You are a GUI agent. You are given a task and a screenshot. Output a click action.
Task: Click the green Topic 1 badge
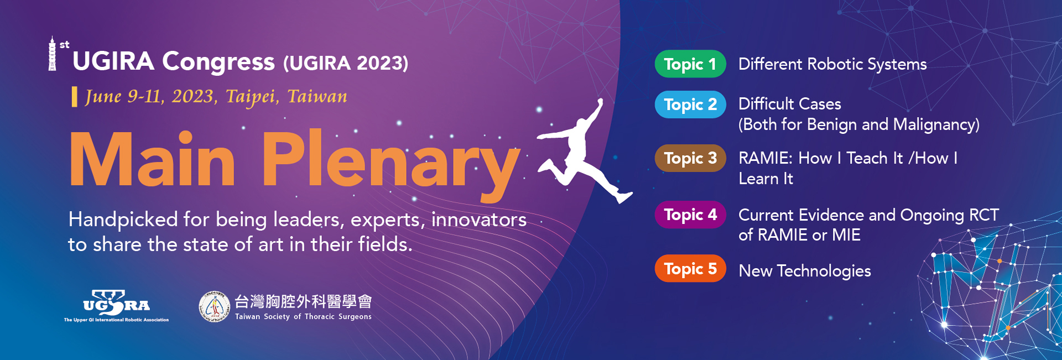click(690, 64)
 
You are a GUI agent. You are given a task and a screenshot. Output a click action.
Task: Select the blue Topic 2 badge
click(690, 105)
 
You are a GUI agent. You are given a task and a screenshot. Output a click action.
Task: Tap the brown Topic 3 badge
click(690, 158)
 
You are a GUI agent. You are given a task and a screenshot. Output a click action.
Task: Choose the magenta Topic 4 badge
click(690, 215)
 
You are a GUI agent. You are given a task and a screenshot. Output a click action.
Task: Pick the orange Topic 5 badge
click(690, 269)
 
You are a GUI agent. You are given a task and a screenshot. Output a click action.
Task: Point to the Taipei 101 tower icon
click(53, 54)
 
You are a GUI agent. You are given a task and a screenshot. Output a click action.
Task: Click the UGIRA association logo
click(116, 306)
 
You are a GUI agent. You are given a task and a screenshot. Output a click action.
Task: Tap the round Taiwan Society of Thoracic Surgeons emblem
click(214, 306)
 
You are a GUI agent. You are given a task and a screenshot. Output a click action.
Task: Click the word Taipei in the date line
click(251, 97)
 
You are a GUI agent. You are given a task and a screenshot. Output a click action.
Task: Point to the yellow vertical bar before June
click(74, 97)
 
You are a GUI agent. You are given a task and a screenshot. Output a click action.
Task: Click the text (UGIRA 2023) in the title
click(346, 63)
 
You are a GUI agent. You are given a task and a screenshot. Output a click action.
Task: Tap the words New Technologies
click(805, 271)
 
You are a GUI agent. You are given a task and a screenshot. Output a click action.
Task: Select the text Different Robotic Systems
click(832, 64)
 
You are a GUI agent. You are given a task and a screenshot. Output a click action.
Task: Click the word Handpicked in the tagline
click(123, 220)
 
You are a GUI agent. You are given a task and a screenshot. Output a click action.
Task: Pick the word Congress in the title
click(218, 62)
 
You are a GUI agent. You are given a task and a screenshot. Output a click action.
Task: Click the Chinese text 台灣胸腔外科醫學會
click(303, 301)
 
